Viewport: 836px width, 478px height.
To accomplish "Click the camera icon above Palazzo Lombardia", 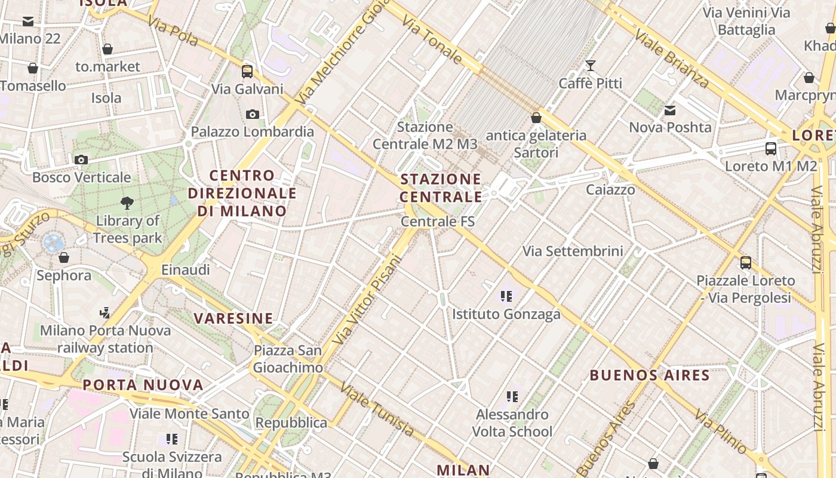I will pos(253,114).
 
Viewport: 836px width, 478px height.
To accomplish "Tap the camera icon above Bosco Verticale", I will pos(81,160).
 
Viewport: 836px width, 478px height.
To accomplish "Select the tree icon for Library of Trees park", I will pos(127,203).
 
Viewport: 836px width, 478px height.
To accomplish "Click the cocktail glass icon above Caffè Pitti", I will pos(591,65).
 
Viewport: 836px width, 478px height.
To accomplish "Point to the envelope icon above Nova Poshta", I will pos(670,110).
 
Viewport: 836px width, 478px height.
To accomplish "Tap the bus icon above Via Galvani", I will pos(247,72).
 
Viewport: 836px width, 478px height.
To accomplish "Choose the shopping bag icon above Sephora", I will pos(64,258).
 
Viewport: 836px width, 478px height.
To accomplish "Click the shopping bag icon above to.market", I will pos(107,49).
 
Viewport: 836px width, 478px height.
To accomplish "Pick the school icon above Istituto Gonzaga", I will pos(506,296).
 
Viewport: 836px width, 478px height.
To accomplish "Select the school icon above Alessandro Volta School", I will pos(512,396).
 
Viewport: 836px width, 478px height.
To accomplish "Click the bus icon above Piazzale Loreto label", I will pos(745,262).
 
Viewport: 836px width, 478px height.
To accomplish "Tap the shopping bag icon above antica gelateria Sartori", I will pos(536,118).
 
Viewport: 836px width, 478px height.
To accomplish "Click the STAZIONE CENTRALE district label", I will pos(441,188).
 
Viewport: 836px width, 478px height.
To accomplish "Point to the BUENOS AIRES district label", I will pos(650,376).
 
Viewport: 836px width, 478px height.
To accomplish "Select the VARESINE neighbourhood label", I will pos(233,318).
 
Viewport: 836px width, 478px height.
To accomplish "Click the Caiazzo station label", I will pos(610,190).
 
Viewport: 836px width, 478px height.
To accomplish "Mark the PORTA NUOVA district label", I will pos(143,385).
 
